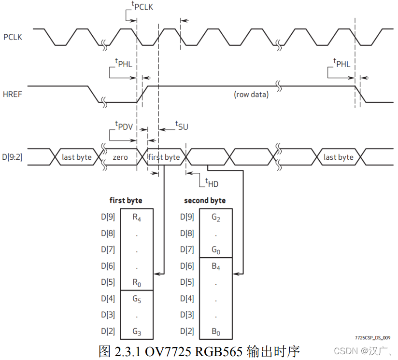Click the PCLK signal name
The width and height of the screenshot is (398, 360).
click(13, 37)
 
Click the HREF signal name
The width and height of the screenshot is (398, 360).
click(13, 94)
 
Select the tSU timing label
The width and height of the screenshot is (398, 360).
click(181, 126)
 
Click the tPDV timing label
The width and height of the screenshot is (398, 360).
click(124, 126)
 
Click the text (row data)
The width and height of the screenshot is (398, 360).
click(251, 94)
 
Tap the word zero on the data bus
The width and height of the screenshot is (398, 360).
click(120, 157)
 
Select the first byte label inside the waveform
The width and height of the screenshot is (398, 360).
click(164, 157)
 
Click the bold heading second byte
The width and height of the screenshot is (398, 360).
click(205, 200)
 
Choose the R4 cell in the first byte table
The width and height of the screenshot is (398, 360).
click(137, 217)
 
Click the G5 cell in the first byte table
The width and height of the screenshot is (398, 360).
click(137, 299)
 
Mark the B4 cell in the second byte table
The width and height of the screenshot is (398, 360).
click(215, 266)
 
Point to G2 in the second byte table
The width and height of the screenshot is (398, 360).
click(215, 217)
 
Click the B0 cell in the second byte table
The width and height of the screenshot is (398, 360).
click(215, 332)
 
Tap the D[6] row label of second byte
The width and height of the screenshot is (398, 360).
click(187, 266)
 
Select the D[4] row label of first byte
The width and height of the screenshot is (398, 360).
click(108, 299)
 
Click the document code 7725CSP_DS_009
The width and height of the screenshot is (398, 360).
click(372, 338)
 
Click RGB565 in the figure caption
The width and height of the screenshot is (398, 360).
click(219, 351)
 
